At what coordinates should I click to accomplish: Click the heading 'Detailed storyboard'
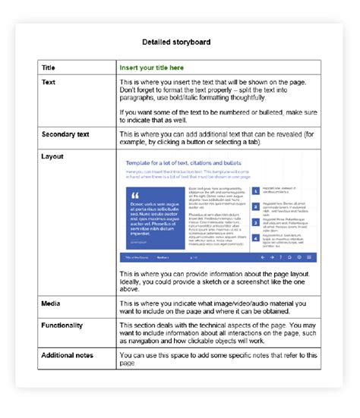pyautogui.click(x=179, y=42)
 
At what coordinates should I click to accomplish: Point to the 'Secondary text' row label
pyautogui.click(x=67, y=134)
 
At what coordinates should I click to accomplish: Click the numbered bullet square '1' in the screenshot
pyautogui.click(x=255, y=193)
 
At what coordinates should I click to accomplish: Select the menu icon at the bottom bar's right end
pyautogui.click(x=311, y=258)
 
